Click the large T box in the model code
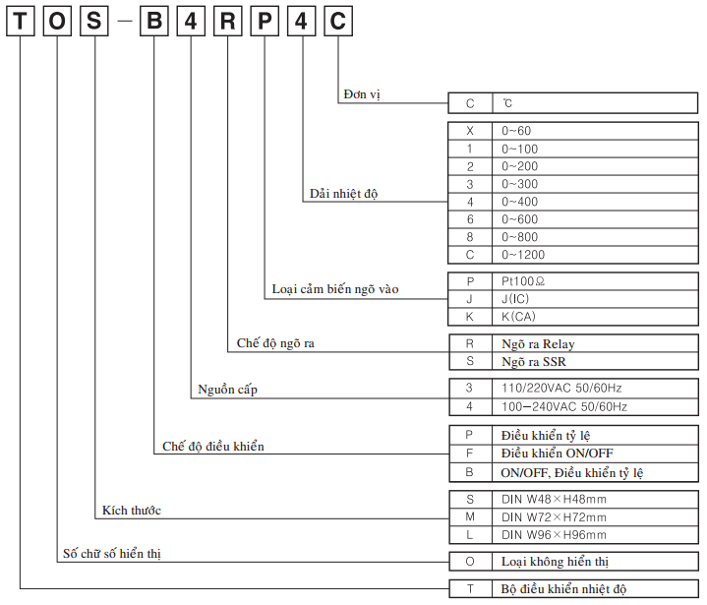click(x=21, y=23)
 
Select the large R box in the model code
click(x=227, y=23)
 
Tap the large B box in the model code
click(x=153, y=23)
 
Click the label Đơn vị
click(x=361, y=94)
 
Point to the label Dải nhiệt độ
click(x=343, y=194)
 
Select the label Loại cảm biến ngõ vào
click(x=335, y=290)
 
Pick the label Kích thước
click(x=132, y=510)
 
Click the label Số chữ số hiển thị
click(x=111, y=554)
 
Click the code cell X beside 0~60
click(x=470, y=131)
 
